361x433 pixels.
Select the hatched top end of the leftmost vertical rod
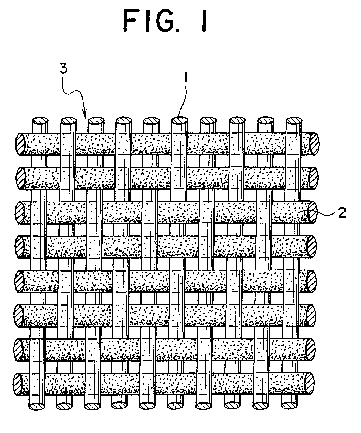[40, 121]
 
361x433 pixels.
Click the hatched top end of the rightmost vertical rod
[294, 121]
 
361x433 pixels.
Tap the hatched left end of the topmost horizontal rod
[21, 144]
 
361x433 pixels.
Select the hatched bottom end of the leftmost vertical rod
[37, 406]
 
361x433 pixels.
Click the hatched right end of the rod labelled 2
[312, 212]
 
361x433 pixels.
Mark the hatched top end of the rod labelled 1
[179, 121]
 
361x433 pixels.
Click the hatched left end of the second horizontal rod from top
[21, 178]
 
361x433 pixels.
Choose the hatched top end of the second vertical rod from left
[69, 121]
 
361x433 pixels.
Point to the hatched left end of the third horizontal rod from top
[20, 213]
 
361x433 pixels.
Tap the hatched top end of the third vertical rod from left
[96, 121]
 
